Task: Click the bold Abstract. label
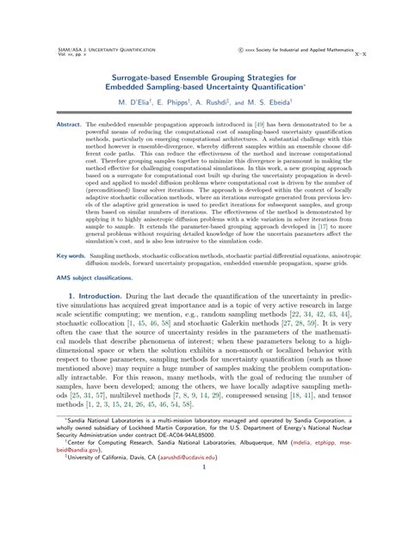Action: (x=69, y=124)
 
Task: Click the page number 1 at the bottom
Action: (x=204, y=539)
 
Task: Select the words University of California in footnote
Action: (x=92, y=520)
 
